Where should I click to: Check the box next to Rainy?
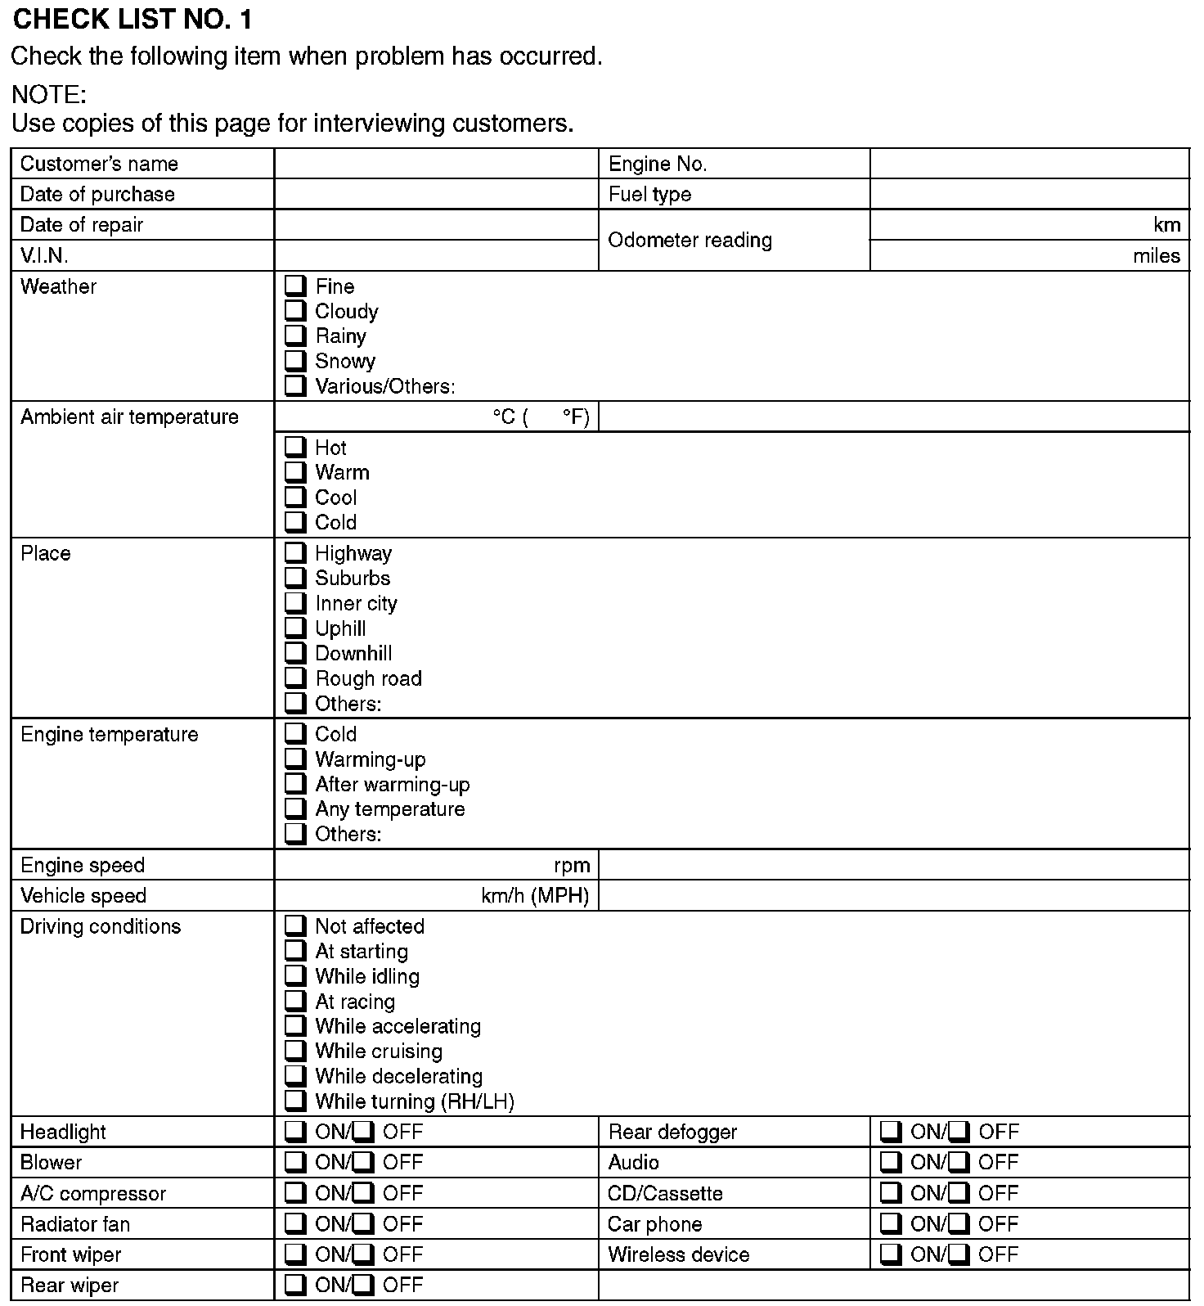coord(294,336)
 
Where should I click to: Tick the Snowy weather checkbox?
coord(294,360)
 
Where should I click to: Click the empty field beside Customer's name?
coord(436,164)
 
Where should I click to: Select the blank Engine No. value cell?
coord(1029,164)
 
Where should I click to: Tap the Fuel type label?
coord(649,195)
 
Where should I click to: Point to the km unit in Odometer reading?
coord(1166,225)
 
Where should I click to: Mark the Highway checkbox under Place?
coord(294,553)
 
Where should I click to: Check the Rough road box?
coord(294,678)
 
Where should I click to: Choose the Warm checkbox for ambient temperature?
coord(294,472)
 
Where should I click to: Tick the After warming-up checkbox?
coord(294,784)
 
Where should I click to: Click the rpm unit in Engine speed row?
coord(572,866)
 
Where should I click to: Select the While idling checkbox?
coord(294,976)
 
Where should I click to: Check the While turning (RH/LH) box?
coord(294,1101)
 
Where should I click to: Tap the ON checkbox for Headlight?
coord(294,1132)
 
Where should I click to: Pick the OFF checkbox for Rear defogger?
coord(959,1132)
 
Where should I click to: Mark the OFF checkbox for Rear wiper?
coord(363,1285)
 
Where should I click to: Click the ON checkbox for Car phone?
coord(891,1224)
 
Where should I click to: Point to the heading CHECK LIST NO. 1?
coord(133,20)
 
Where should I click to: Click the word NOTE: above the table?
coord(49,95)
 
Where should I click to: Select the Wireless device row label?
coord(678,1255)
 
